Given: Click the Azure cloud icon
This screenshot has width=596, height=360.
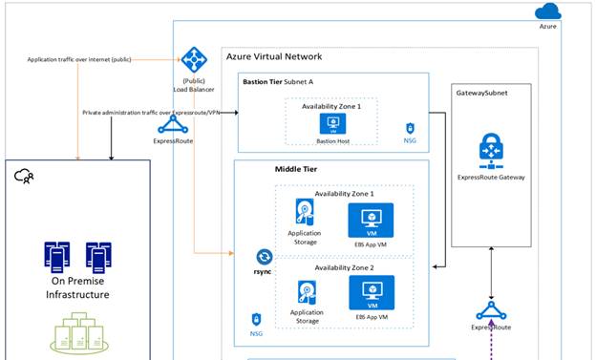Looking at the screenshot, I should pyautogui.click(x=548, y=11).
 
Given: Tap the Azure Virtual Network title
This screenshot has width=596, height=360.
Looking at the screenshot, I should pyautogui.click(x=273, y=56).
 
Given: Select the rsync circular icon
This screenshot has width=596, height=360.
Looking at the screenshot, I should pyautogui.click(x=265, y=257).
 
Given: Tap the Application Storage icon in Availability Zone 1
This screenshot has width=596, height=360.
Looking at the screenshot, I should pyautogui.click(x=303, y=213).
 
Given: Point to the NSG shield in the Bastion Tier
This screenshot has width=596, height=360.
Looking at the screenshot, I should pyautogui.click(x=409, y=128).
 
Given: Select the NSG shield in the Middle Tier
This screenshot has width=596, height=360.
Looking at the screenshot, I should pyautogui.click(x=256, y=319).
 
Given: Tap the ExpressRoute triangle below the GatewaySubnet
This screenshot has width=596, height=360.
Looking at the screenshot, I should pyautogui.click(x=492, y=312).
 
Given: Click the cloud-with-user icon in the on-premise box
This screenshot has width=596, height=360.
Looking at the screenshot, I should pyautogui.click(x=25, y=175).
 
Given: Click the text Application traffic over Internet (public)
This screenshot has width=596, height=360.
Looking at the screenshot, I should pyautogui.click(x=79, y=59).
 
